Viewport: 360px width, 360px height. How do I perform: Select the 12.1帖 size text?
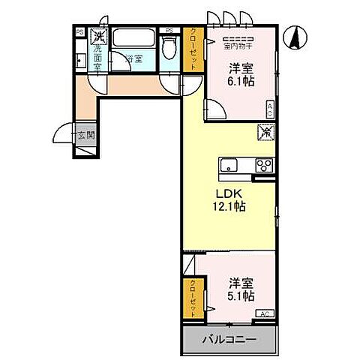(230, 206)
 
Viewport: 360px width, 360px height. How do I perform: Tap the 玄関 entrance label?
(84, 136)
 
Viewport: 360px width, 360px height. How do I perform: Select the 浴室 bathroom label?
(133, 58)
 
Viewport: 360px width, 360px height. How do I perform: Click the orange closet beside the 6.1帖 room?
(190, 50)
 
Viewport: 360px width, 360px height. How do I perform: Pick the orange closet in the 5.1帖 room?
(192, 297)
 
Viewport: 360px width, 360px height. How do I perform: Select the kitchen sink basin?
(229, 166)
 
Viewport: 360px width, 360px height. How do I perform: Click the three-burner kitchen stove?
(263, 166)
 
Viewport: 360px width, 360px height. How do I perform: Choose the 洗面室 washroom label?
(97, 57)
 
